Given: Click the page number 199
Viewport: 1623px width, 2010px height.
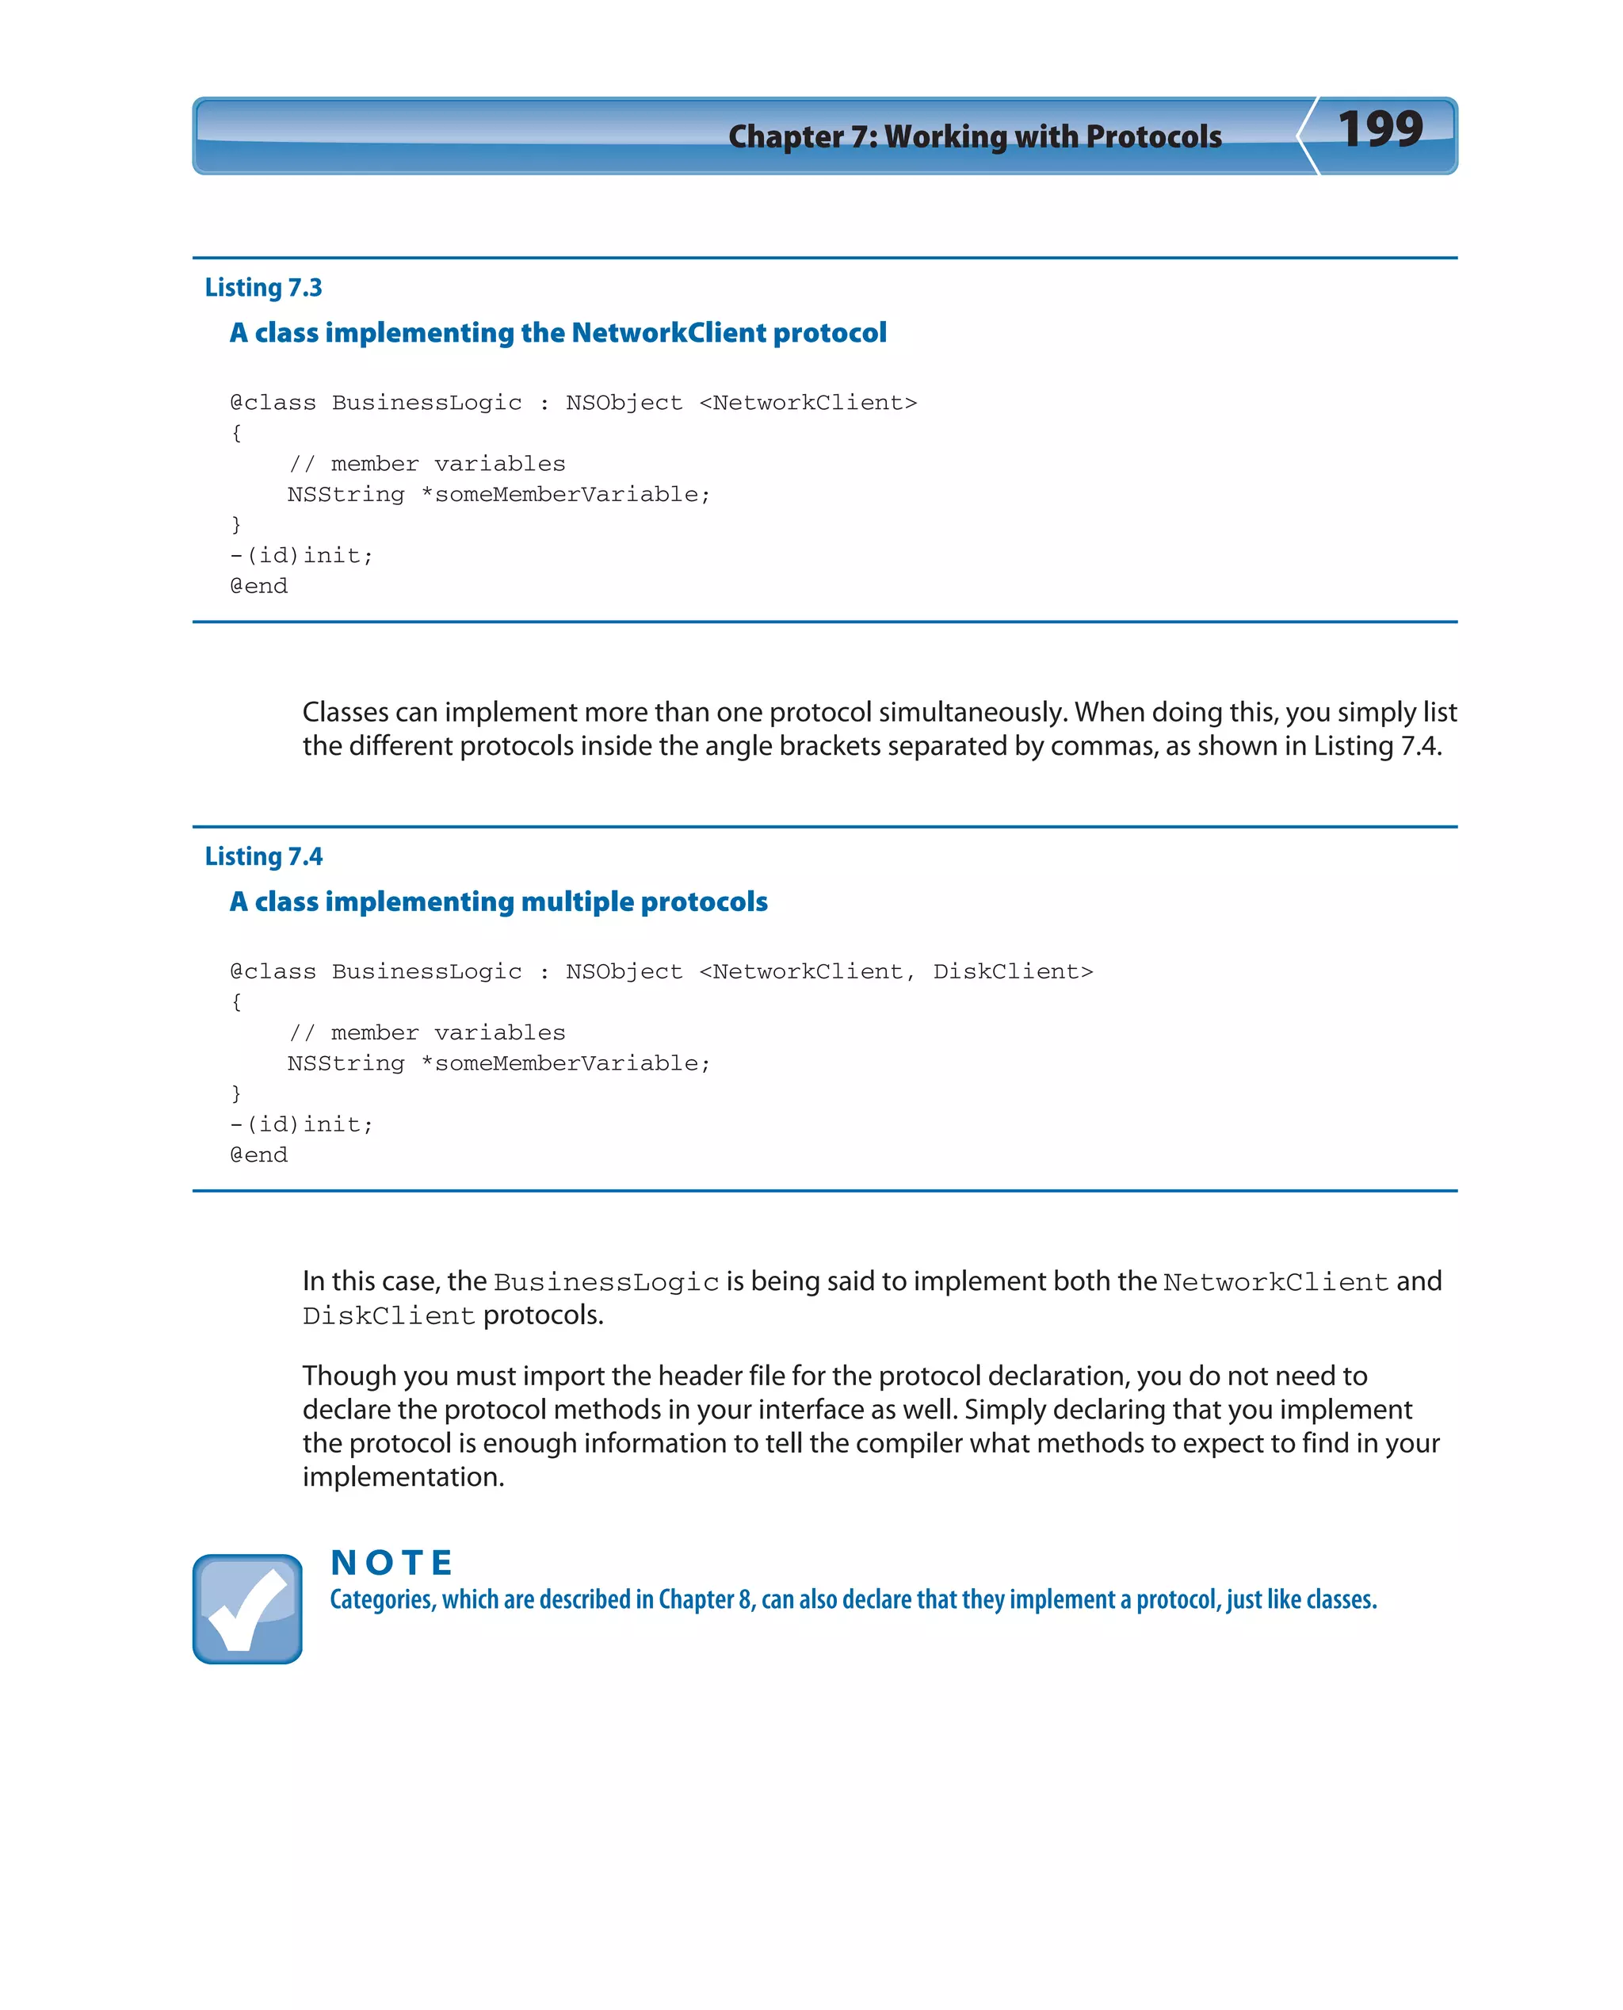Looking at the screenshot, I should coord(1379,129).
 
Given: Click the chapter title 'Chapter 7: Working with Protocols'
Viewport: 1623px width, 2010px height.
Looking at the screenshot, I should coord(974,136).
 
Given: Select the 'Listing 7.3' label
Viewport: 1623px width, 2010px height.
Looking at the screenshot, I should coord(263,287).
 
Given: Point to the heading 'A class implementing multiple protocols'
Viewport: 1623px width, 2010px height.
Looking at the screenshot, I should coord(498,902).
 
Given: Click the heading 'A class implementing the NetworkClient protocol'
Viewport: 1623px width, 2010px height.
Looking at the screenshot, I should coord(558,333).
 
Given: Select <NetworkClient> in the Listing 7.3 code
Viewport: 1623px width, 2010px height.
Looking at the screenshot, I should coord(808,403).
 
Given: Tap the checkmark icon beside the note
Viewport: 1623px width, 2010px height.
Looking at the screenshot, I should coord(246,1609).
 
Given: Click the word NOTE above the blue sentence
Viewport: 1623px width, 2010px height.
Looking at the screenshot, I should coord(391,1562).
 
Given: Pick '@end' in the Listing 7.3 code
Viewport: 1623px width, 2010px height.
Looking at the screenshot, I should coord(259,587).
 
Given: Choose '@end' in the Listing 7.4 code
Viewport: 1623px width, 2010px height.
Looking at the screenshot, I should coord(259,1155).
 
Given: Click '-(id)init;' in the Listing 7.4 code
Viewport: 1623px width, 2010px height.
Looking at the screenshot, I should coord(301,1124).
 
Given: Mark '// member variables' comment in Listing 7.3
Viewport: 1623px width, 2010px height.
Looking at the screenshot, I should coord(426,464).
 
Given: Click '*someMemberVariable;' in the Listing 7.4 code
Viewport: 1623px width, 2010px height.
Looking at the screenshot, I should coord(566,1063).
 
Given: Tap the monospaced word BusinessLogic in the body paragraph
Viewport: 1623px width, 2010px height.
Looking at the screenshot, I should coord(605,1282).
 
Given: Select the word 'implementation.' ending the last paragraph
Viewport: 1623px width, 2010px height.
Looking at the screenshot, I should coord(403,1477).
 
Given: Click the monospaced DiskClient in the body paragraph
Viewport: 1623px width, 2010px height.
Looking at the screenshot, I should coord(389,1316).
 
